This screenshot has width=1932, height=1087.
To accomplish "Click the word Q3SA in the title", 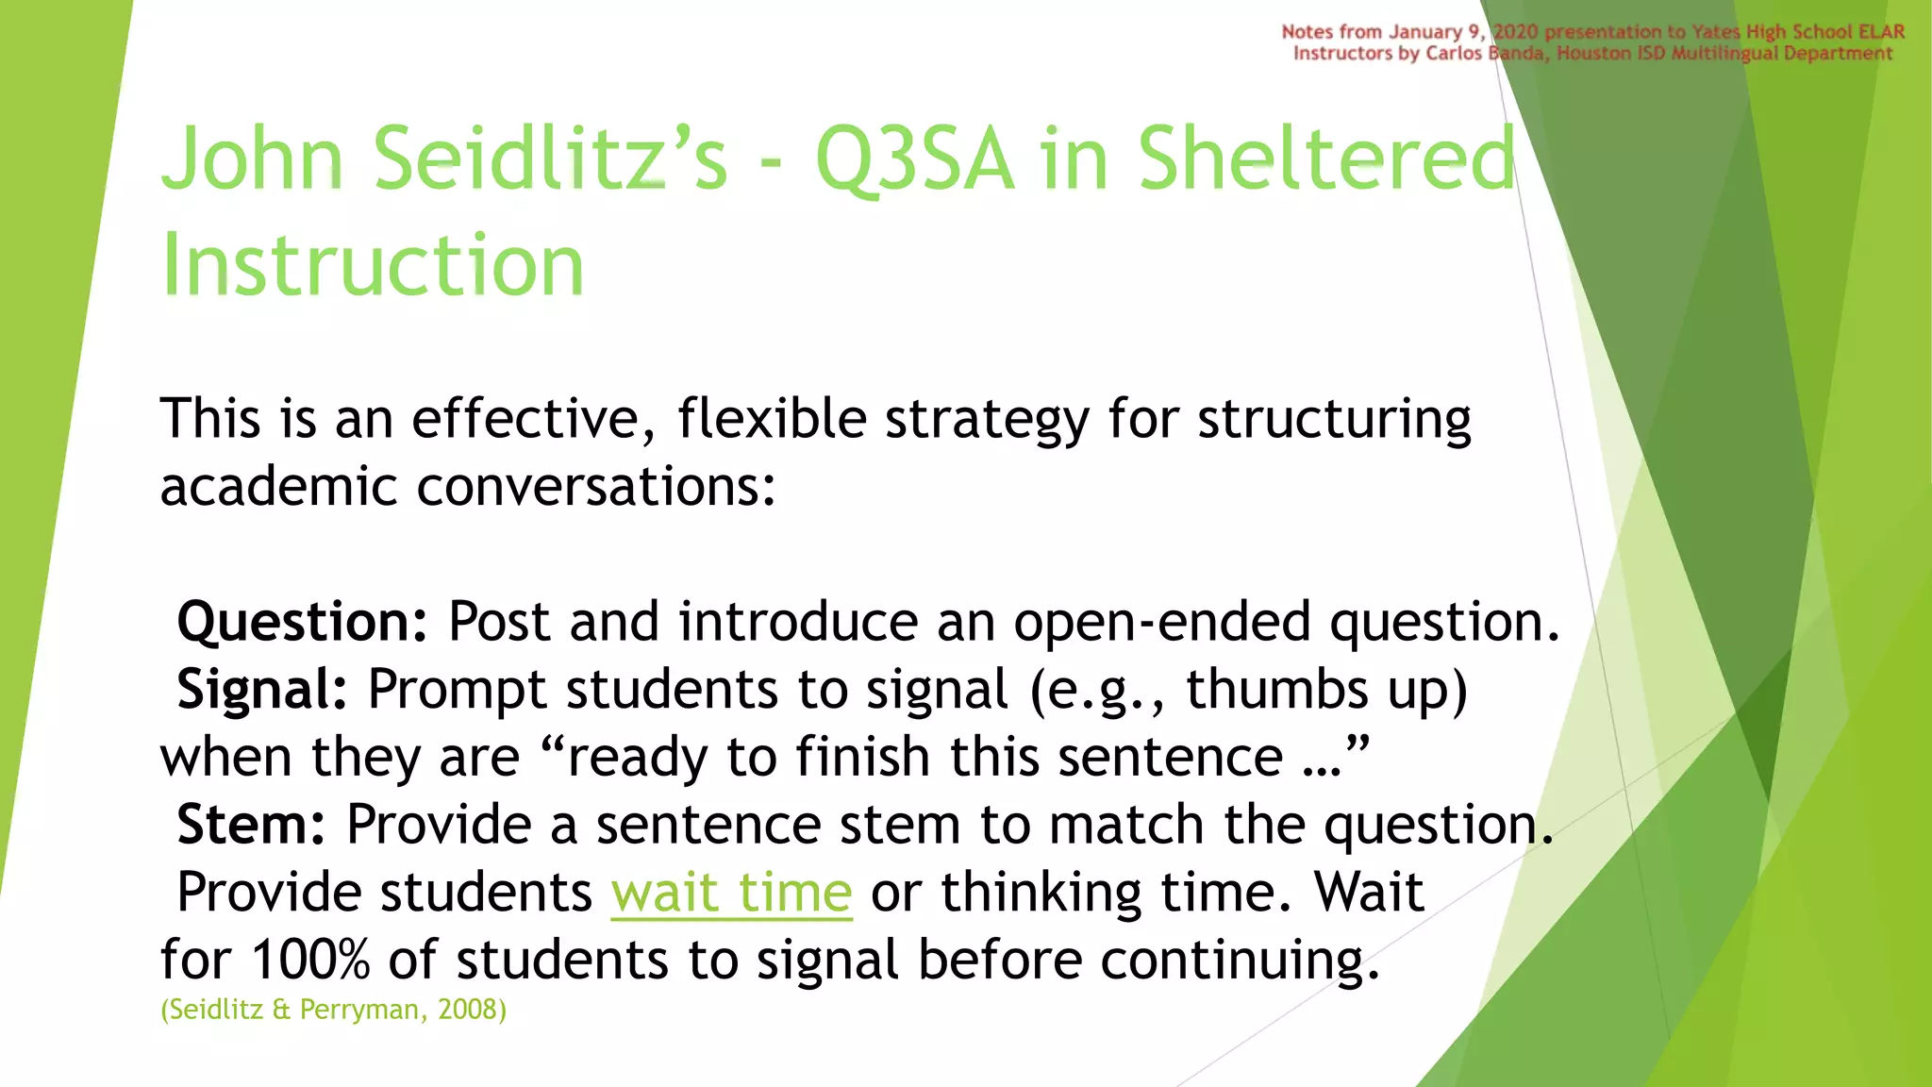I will click(x=914, y=160).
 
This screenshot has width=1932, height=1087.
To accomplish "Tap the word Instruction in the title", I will click(x=373, y=265).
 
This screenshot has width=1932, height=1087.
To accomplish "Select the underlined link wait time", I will click(x=731, y=893).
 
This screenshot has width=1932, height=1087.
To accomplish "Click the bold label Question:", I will click(x=303, y=623).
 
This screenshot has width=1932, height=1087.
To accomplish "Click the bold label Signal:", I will click(x=262, y=690).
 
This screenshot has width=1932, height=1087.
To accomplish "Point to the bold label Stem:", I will click(x=251, y=826).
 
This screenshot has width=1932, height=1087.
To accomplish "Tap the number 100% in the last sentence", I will click(x=310, y=961).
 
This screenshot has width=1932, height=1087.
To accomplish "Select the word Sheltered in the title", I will click(x=1325, y=160).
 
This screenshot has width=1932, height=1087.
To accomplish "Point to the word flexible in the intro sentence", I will click(x=772, y=419).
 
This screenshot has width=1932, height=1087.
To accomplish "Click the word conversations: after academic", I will click(x=595, y=488).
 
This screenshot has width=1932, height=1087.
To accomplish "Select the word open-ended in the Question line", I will click(x=1162, y=623).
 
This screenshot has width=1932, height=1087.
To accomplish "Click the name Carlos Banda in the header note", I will click(x=1485, y=54).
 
